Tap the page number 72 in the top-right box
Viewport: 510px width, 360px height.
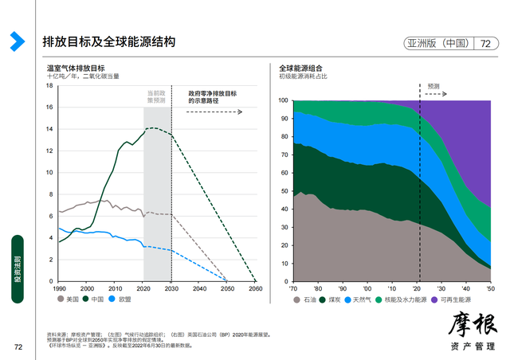485,44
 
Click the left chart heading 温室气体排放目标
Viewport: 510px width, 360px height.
76,68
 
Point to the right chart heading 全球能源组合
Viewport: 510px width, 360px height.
300,68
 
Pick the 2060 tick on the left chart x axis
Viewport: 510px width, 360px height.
255,288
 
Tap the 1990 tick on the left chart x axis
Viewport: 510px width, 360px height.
57,288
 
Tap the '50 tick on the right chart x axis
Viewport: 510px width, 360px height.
490,288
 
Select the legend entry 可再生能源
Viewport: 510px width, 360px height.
459,299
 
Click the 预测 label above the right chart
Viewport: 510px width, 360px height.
433,85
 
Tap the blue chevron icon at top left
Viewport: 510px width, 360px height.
16,41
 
